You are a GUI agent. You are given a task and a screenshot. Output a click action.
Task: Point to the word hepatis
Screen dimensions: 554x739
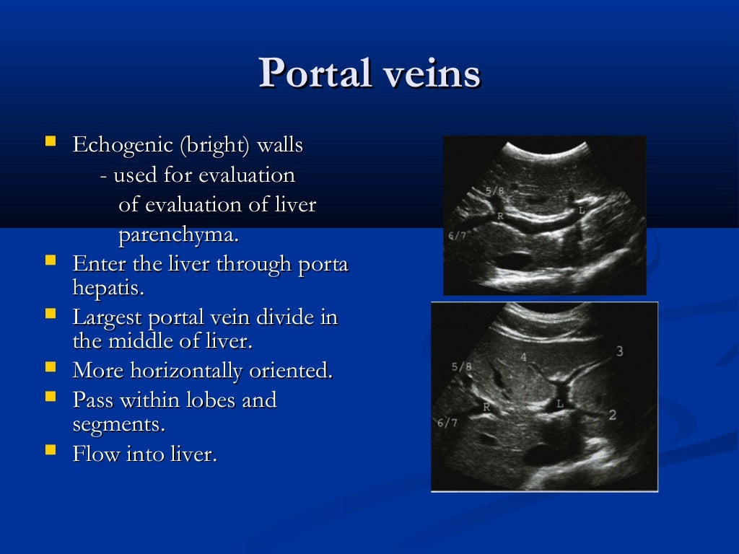point(108,289)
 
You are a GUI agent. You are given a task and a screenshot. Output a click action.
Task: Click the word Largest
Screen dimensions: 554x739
point(107,317)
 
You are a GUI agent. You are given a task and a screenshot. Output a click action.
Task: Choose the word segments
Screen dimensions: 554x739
point(118,424)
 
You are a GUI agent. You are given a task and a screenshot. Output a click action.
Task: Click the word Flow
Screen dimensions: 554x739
point(96,454)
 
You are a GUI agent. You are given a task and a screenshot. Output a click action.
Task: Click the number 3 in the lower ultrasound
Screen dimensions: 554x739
point(619,351)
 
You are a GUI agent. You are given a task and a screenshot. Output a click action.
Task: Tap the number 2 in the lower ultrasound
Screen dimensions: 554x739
point(613,415)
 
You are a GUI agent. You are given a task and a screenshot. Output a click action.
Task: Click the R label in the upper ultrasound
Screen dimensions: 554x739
point(500,216)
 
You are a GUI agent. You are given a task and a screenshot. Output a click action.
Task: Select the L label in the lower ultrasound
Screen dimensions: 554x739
point(560,404)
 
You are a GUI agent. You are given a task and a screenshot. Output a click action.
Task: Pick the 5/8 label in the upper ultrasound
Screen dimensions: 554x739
point(496,191)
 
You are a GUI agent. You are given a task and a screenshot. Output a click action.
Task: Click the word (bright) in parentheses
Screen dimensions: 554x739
point(214,145)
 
